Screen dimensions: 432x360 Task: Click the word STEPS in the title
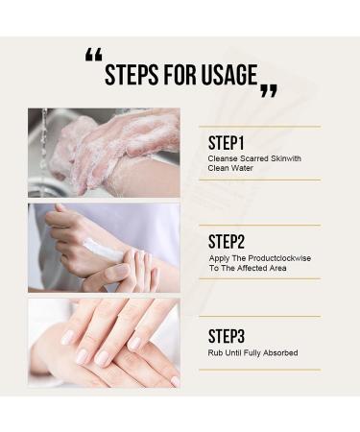tap(132, 75)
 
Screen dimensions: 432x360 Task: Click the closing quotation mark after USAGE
tap(269, 91)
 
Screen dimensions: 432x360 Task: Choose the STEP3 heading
tap(228, 335)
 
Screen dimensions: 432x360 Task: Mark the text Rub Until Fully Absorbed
tap(252, 352)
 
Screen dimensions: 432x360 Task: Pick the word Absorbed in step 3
tap(280, 352)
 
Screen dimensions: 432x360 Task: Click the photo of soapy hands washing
tap(104, 152)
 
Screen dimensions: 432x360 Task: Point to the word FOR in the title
tap(180, 75)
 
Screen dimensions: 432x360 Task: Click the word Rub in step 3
tap(214, 352)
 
